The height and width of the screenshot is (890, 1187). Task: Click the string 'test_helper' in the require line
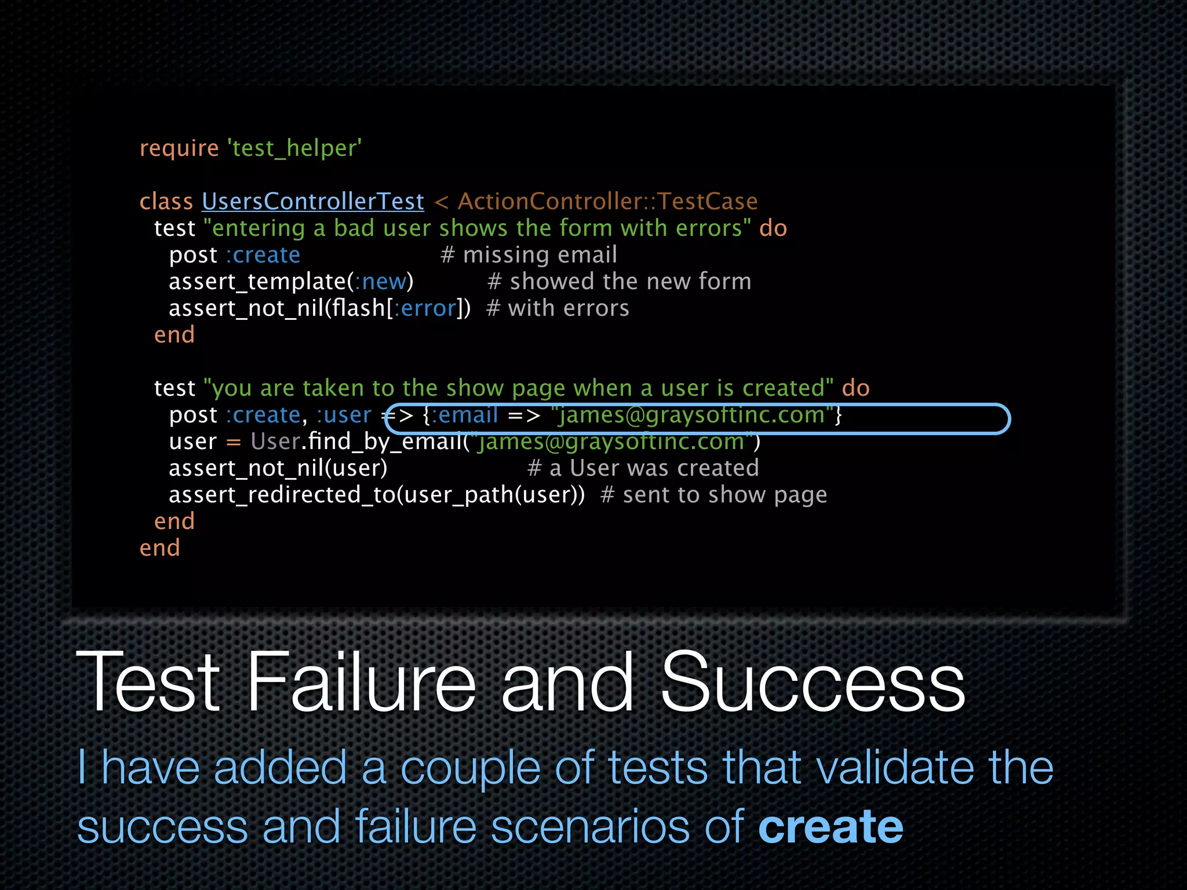(296, 148)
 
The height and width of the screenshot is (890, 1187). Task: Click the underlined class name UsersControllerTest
(313, 201)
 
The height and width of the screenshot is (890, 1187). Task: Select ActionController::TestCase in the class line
(607, 201)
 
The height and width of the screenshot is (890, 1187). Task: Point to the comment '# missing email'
(529, 255)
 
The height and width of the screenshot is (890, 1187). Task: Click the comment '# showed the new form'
(619, 282)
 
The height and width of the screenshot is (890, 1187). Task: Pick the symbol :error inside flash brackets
(425, 308)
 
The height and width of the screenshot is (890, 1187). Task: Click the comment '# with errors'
(558, 308)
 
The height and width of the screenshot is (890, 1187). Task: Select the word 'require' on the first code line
(179, 148)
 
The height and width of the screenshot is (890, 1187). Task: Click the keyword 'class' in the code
(166, 201)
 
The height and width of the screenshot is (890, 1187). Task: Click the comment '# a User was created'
(643, 468)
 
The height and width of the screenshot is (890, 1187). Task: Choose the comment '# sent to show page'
(713, 495)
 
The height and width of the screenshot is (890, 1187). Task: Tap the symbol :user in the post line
(344, 415)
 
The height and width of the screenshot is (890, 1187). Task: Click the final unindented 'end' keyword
(160, 548)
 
